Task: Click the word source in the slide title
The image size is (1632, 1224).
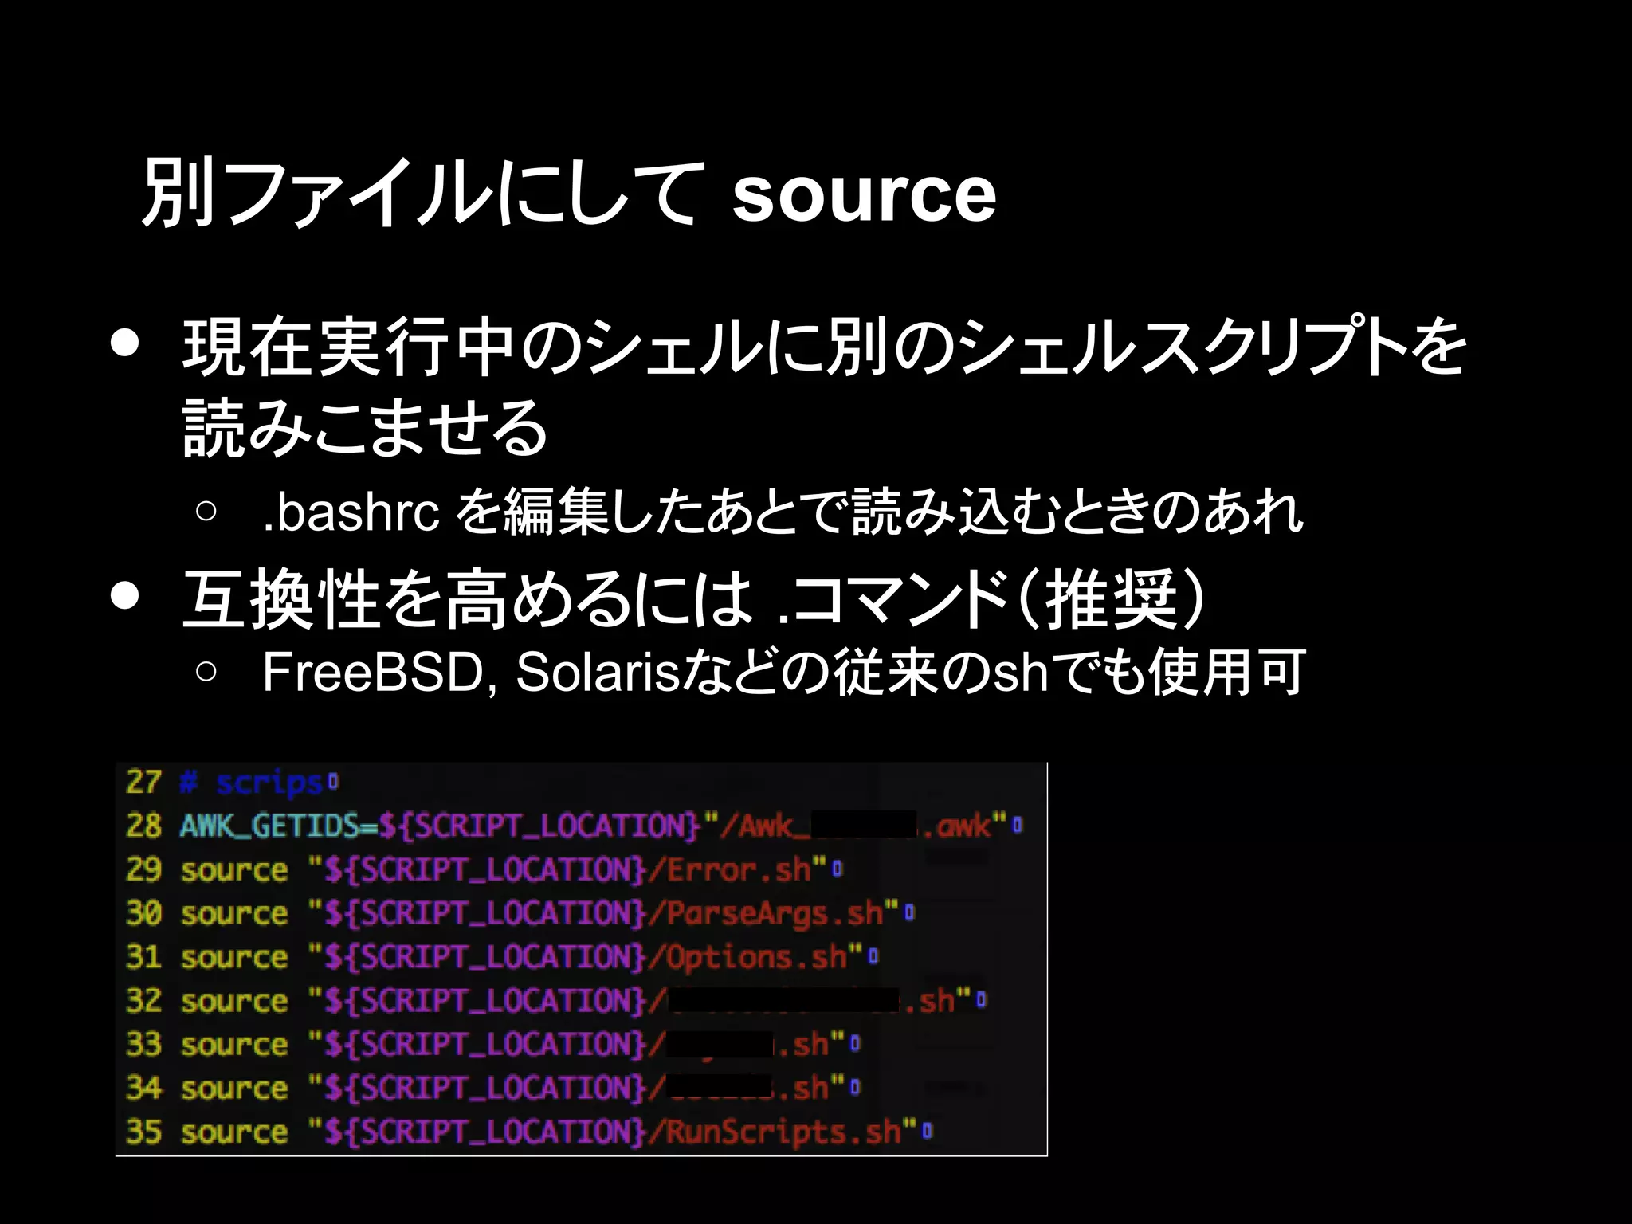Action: tap(864, 194)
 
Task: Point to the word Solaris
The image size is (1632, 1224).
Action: tap(597, 673)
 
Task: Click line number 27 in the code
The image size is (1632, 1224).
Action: tap(143, 782)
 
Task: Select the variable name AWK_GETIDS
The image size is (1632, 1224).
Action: tap(269, 826)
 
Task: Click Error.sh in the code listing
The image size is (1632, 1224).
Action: tap(739, 869)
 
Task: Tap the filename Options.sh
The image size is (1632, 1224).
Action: tap(756, 956)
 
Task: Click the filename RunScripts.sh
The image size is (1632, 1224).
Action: tap(783, 1132)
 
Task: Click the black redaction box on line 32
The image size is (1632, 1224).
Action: tap(784, 1000)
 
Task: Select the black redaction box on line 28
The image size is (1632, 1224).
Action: tap(864, 825)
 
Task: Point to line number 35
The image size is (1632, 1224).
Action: tap(143, 1132)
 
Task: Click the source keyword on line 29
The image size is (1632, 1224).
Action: tap(233, 869)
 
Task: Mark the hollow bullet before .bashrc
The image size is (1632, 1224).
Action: tap(206, 512)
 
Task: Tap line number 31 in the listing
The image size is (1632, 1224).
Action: tap(143, 956)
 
